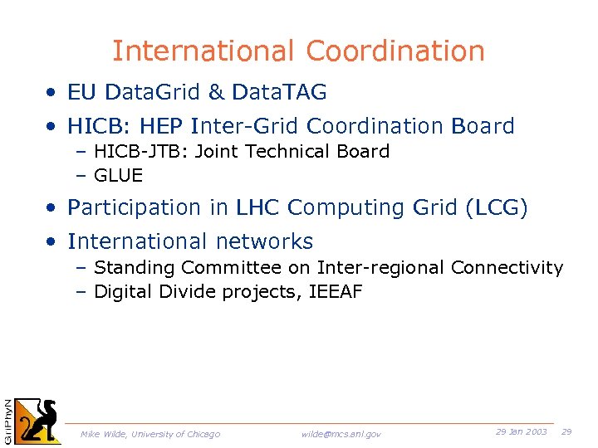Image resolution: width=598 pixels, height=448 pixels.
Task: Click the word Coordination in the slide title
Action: pyautogui.click(x=395, y=51)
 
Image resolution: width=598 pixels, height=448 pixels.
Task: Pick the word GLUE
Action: pyautogui.click(x=119, y=176)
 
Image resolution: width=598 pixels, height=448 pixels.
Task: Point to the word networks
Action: pyautogui.click(x=262, y=241)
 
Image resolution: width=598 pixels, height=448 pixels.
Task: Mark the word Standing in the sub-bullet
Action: pyautogui.click(x=135, y=268)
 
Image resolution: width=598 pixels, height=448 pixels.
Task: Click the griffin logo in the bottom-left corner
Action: pyautogui.click(x=40, y=421)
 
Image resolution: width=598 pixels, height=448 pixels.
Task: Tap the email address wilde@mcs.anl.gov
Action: pyautogui.click(x=341, y=434)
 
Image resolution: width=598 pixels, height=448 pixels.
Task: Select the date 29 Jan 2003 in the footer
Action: pyautogui.click(x=521, y=432)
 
